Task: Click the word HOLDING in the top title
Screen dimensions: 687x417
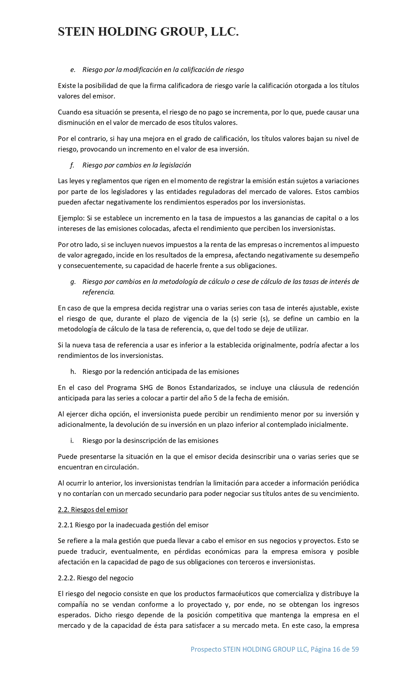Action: [x=128, y=32]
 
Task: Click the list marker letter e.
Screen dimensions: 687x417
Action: [x=73, y=70]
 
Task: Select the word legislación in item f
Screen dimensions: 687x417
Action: [x=175, y=165]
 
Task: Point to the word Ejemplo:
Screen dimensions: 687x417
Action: [x=71, y=218]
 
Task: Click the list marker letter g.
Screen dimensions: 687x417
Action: [x=73, y=282]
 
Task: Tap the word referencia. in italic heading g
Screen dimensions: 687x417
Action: [x=98, y=292]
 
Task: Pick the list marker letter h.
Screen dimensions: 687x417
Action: [x=73, y=372]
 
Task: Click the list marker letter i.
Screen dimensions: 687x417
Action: [x=72, y=441]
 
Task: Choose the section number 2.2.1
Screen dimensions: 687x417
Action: [x=65, y=525]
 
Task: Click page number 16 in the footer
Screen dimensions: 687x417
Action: [x=336, y=649]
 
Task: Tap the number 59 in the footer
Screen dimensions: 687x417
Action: [x=355, y=649]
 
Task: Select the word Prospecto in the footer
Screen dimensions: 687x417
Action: [x=206, y=649]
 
